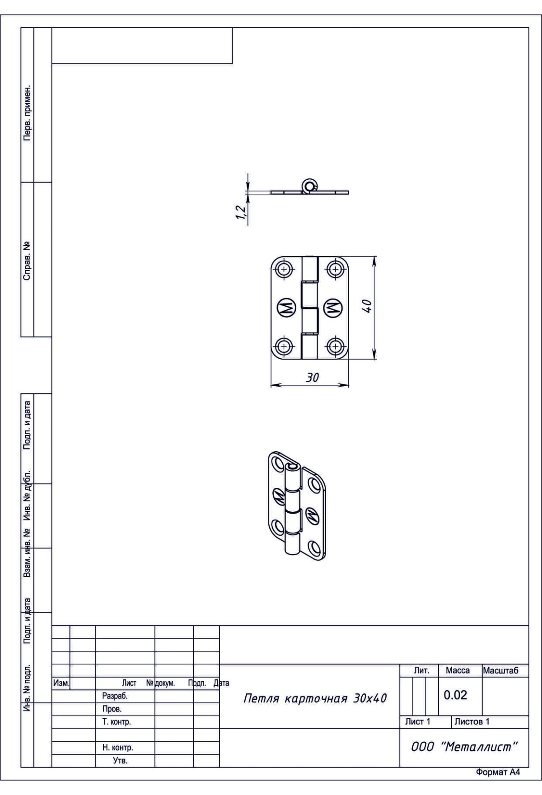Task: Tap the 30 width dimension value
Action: coord(312,378)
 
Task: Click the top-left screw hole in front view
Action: coord(284,270)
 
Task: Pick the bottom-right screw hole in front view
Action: coord(335,346)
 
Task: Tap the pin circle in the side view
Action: coord(309,184)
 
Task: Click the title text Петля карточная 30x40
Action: coord(315,698)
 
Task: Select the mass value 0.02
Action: coord(455,695)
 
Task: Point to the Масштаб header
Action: coord(500,671)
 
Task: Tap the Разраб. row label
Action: coord(115,696)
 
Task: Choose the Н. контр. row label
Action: coord(117,748)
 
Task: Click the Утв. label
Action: coord(120,761)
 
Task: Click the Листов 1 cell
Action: coord(472,721)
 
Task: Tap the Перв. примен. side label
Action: coord(28,112)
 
